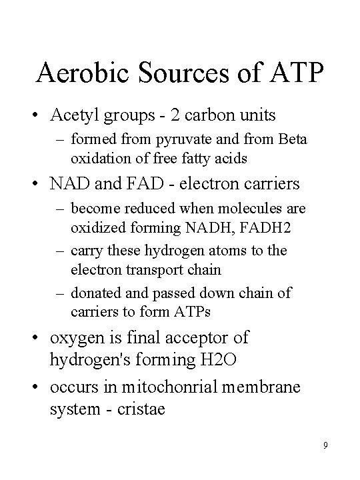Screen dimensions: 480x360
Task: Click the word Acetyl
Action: coord(75,115)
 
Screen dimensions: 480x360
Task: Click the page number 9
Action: coord(324,445)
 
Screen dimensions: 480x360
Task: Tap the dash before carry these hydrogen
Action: coord(60,251)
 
